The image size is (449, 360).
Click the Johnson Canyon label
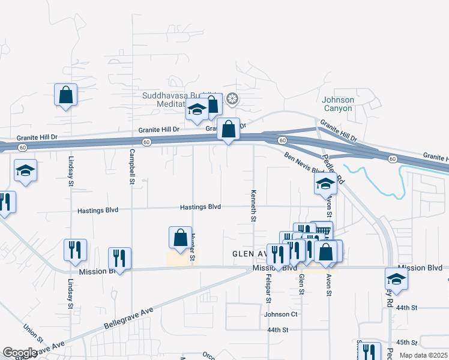coord(338,104)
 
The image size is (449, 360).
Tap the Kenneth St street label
coord(253,206)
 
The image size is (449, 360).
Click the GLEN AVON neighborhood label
coord(252,254)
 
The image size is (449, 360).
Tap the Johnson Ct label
coord(280,314)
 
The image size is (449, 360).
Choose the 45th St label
coord(406,343)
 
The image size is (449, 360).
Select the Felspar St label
coord(268,288)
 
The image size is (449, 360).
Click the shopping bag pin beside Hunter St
coord(180,238)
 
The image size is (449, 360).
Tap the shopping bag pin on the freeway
coord(228,129)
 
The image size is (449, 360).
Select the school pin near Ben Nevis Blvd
coord(325,185)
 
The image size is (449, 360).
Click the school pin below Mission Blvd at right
coord(396,279)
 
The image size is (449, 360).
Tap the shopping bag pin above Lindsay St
coord(65,95)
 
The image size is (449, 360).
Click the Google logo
coord(19,353)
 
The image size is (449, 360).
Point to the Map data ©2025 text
coord(424,355)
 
